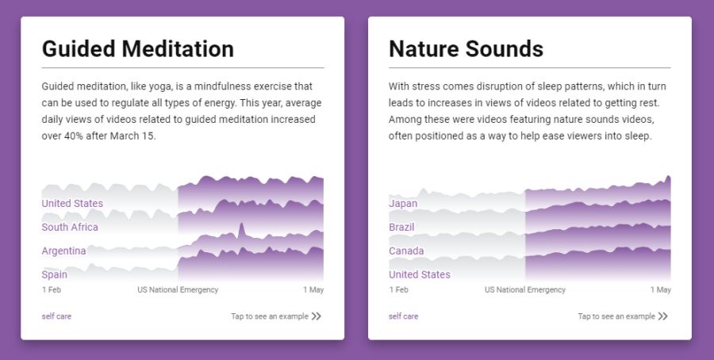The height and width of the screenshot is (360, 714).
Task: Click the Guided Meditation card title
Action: (137, 48)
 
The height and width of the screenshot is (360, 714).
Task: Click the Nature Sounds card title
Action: (466, 48)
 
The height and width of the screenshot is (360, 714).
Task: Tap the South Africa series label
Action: (70, 227)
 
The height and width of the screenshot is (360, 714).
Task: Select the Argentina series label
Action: (63, 251)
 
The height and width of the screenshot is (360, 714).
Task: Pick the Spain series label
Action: (55, 274)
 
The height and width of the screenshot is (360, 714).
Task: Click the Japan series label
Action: (403, 204)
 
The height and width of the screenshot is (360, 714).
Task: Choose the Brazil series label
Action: (401, 227)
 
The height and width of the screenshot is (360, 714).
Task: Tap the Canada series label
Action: (406, 251)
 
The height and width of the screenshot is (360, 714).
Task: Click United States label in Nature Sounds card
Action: (420, 274)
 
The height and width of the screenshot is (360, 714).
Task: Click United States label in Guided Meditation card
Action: (72, 204)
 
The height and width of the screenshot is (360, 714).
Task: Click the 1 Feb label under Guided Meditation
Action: (52, 290)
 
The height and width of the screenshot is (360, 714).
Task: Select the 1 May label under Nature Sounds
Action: (661, 290)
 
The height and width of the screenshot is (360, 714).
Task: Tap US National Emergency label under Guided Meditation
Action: (178, 290)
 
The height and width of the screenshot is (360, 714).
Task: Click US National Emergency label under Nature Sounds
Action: (525, 290)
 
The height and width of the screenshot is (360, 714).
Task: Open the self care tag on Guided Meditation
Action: (56, 316)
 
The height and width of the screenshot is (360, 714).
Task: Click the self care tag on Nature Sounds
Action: (404, 316)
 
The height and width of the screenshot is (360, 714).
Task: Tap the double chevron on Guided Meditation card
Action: (317, 316)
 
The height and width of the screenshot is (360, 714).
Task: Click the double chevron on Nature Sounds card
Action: (663, 316)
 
